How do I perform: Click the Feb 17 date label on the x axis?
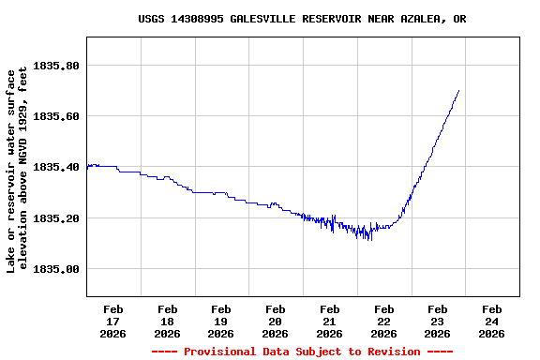113,321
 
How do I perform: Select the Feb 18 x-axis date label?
168,321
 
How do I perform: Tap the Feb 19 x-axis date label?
221,321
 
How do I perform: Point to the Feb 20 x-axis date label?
276,321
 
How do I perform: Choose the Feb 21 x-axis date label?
329,321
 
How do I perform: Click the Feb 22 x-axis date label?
383,321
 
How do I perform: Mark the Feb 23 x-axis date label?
437,321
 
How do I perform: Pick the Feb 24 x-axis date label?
491,321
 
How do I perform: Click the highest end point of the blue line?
458,91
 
